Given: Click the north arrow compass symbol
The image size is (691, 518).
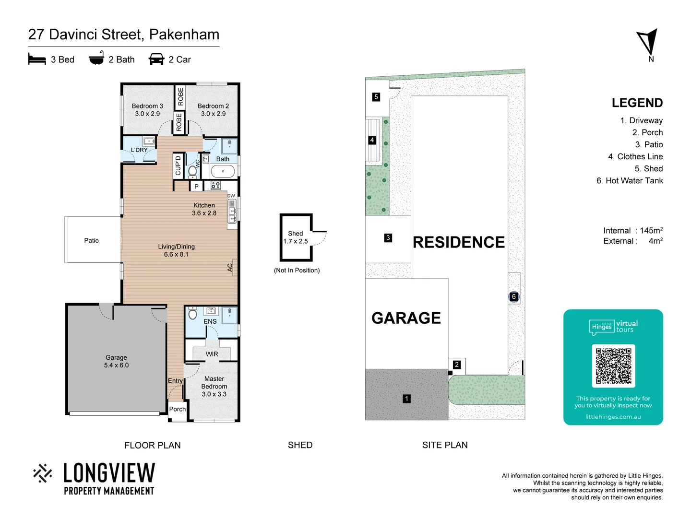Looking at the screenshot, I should click(648, 42).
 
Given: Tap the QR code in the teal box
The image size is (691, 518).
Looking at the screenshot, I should click(613, 365).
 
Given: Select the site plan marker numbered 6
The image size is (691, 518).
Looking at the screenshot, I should click(514, 297).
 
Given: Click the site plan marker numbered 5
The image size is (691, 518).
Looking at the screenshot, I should click(376, 97).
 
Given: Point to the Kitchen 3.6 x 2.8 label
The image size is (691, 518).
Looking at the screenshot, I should click(204, 209).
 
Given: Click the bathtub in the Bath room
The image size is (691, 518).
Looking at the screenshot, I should click(223, 171).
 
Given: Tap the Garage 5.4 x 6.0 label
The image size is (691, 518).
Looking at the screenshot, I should click(116, 361).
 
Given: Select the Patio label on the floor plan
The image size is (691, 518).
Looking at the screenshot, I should click(91, 241).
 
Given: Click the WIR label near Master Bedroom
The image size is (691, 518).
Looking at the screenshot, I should click(212, 354).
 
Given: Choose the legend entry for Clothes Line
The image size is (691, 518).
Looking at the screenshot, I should click(635, 156).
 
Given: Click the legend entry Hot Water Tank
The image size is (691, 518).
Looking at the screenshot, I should click(630, 180).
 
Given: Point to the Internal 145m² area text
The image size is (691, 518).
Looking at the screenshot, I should click(632, 230).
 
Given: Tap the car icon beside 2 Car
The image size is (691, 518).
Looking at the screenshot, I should click(156, 59).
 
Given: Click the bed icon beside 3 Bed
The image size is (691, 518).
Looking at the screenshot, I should click(37, 59).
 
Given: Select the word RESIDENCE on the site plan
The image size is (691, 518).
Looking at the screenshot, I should click(458, 242).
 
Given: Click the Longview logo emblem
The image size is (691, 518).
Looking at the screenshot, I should click(43, 473).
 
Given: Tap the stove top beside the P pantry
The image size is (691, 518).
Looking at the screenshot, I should click(215, 185).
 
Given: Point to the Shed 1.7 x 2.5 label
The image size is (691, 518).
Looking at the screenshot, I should click(296, 237).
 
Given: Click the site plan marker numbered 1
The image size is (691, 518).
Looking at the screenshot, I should click(406, 399).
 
